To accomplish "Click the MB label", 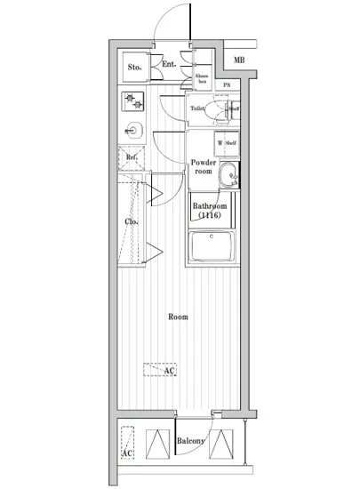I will coord(239,60).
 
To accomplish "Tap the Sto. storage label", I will coord(135,67).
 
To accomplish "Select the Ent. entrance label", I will coord(170,64).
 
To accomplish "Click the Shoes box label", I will coord(202,79).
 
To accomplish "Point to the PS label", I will coord(227,85).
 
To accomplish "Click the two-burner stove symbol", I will coord(134,100).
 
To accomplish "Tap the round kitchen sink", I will coord(134,131).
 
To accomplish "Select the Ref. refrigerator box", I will coord(131,159).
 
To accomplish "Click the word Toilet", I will coord(198,108).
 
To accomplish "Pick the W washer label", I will coord(219,142).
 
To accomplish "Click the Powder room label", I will coord(204,168).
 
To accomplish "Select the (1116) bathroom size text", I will coord(210,216).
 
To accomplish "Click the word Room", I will coord(179,316).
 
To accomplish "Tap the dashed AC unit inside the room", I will coord(161,372).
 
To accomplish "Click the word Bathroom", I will coord(210,206).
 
